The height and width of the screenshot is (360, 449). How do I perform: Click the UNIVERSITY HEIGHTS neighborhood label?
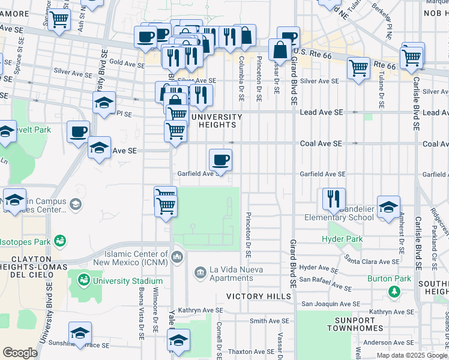click(x=217, y=121)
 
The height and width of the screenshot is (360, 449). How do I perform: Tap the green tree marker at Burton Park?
click(x=394, y=292)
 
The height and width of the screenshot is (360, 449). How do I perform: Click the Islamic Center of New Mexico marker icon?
click(x=176, y=257)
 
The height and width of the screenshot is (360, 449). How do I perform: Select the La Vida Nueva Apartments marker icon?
click(x=200, y=274)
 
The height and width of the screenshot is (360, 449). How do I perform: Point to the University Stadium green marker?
click(x=83, y=280)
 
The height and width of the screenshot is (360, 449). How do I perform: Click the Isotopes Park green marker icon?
click(x=59, y=241)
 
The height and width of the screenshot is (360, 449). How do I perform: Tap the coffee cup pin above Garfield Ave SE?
click(x=220, y=160)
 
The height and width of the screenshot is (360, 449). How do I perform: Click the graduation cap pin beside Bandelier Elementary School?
click(x=388, y=206)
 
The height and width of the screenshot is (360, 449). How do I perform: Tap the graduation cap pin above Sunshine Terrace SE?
click(x=80, y=333)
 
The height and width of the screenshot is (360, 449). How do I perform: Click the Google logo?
click(x=20, y=353)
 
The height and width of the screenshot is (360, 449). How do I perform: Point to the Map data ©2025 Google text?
click(x=411, y=355)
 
